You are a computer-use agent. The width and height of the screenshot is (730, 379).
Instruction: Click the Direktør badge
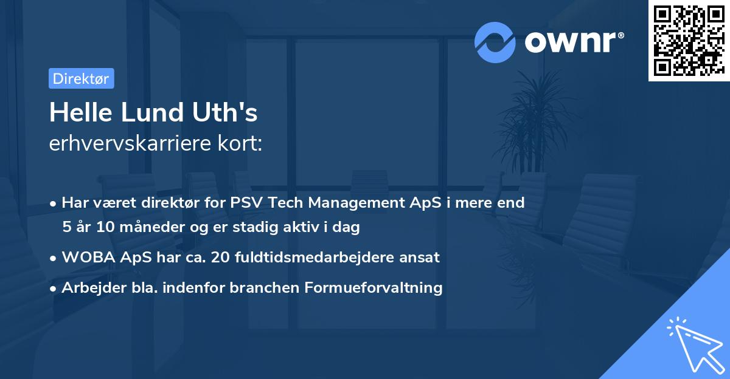click(81, 78)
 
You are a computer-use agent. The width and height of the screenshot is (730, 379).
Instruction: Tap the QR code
click(689, 41)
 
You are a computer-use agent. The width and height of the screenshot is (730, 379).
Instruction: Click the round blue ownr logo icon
click(495, 42)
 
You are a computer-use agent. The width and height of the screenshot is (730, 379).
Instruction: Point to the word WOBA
click(85, 258)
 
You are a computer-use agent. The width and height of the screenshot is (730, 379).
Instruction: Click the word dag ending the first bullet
click(347, 228)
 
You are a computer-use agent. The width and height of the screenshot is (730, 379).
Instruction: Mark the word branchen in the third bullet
click(258, 288)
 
